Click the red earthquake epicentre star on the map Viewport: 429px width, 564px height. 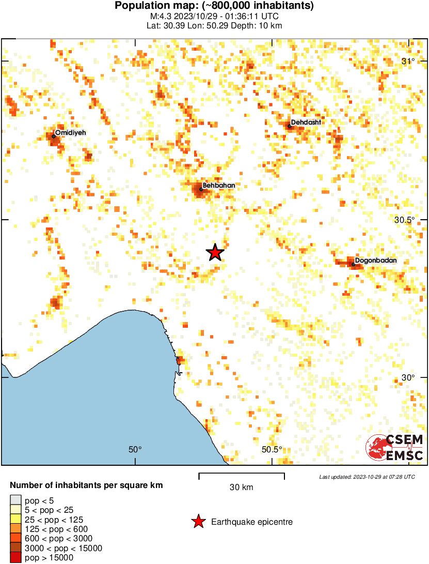tap(215, 252)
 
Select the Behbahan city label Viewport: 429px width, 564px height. tap(219, 185)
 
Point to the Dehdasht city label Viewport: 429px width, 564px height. tap(306, 123)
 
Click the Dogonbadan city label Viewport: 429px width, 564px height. tap(376, 261)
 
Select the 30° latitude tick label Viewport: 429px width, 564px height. tap(408, 377)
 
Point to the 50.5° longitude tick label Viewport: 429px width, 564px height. tap(272, 449)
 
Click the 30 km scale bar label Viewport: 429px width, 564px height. tap(241, 487)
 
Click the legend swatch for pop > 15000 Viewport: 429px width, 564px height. tap(16, 557)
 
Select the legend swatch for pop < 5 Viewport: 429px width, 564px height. tap(16, 500)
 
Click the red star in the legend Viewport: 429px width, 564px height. tap(198, 522)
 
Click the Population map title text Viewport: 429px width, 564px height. tap(214, 6)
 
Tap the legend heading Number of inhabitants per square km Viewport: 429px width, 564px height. tap(87, 485)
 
